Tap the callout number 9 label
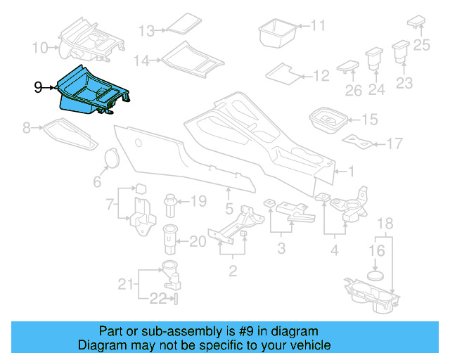point(39,87)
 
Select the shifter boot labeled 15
point(328,120)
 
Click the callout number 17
point(394,144)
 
